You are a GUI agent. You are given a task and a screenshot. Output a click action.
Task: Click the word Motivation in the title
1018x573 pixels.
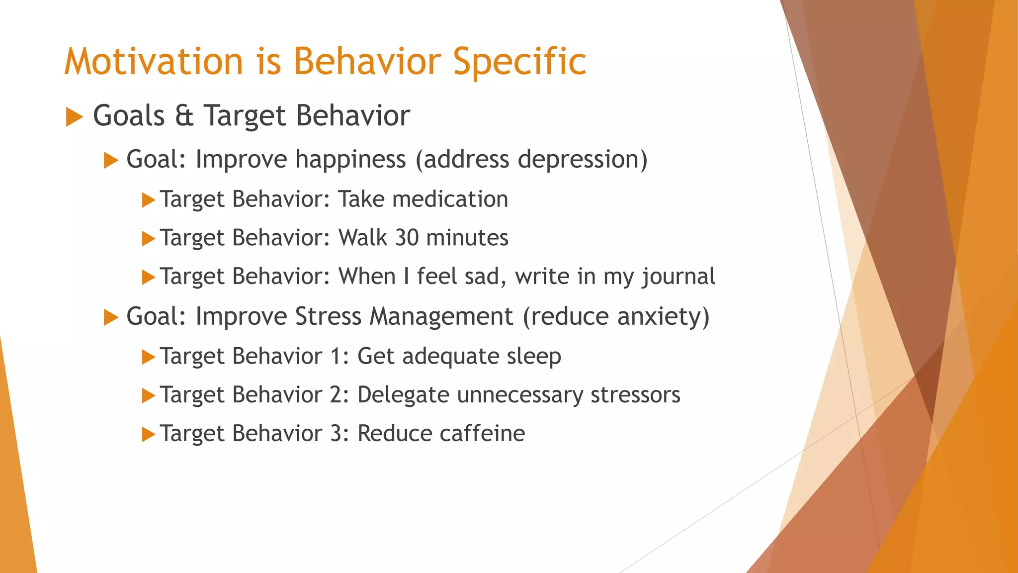153,62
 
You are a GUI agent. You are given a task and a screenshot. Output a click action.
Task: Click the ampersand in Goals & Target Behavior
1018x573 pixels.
184,115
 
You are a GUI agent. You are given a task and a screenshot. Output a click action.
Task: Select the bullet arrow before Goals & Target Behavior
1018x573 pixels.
74,117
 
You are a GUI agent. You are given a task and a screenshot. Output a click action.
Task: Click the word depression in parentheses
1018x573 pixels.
578,159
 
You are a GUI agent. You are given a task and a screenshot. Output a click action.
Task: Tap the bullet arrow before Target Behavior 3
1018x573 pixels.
148,435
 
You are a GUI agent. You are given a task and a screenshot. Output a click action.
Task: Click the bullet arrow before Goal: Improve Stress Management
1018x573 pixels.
111,317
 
